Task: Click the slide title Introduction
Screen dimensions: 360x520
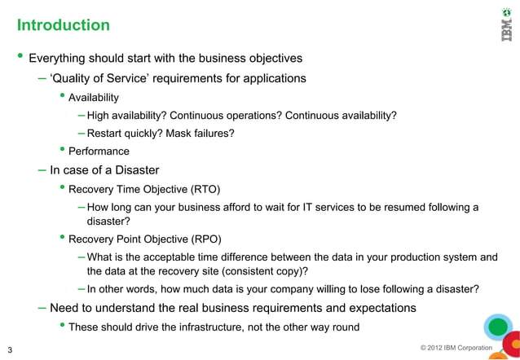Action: (64, 25)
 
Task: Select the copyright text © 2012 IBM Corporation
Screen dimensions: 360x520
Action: (456, 349)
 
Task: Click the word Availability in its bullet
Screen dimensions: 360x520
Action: (94, 98)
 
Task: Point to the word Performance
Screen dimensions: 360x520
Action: (99, 151)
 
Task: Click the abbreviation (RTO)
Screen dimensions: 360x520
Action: (205, 189)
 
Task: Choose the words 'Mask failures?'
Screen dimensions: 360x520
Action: (200, 133)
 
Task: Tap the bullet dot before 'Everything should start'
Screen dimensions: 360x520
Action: (20, 57)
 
